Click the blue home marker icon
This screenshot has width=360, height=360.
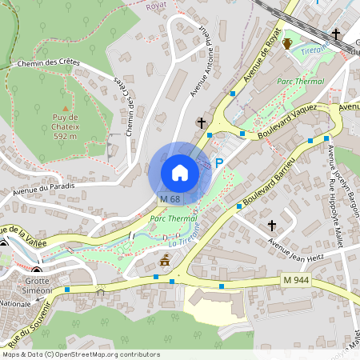[x=180, y=172]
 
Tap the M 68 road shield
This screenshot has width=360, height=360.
[x=169, y=198]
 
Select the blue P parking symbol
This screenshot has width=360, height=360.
[x=218, y=162]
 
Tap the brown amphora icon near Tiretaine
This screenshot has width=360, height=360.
[x=286, y=43]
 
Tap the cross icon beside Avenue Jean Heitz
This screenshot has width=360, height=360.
[x=273, y=226]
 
